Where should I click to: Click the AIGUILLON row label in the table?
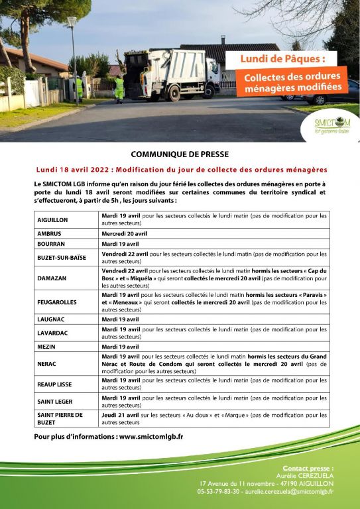pyautogui.click(x=52, y=219)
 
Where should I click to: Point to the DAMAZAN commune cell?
pyautogui.click(x=52, y=279)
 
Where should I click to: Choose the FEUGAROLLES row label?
pyautogui.click(x=57, y=302)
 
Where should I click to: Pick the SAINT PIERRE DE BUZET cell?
pyautogui.click(x=60, y=418)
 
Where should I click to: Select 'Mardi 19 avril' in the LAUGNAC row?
pyautogui.click(x=120, y=319)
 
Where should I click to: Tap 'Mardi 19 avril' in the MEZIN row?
pyautogui.click(x=120, y=347)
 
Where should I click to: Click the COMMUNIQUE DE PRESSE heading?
pyautogui.click(x=180, y=152)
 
